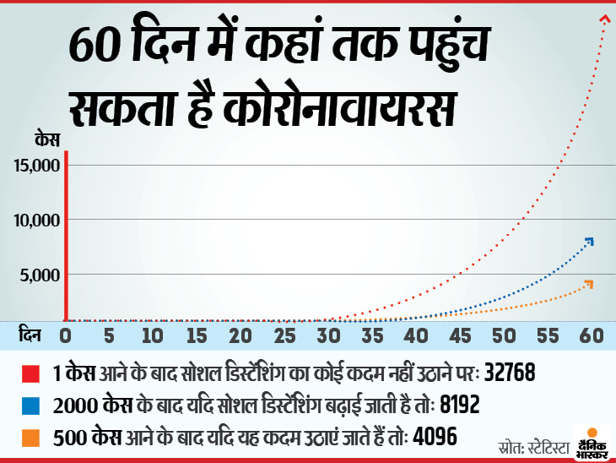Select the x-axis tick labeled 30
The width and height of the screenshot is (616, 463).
pos(328,335)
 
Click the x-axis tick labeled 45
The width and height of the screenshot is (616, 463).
pos(460,335)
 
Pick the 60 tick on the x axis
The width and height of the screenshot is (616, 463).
pos(592,335)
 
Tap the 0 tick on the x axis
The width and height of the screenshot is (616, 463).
pos(66,335)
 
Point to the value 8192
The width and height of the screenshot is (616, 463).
pos(460,405)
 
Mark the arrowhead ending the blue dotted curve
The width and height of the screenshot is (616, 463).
pos(589,242)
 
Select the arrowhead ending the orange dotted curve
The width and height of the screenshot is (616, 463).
pos(588,283)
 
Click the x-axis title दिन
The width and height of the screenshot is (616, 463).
pos(30,335)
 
